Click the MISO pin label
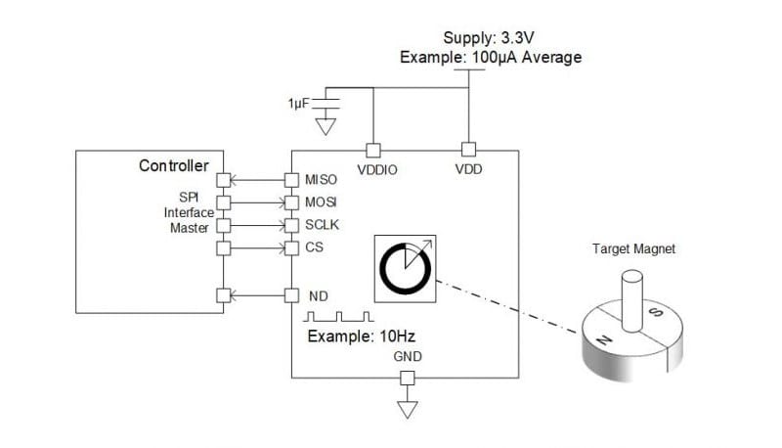322,180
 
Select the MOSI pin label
322,202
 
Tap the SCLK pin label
323,225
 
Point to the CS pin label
315,247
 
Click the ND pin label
317,294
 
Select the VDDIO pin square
371,151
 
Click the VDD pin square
468,151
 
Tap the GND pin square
408,379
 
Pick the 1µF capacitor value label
297,102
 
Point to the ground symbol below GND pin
408,409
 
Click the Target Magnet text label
634,249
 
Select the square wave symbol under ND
338,317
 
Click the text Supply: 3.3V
490,39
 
